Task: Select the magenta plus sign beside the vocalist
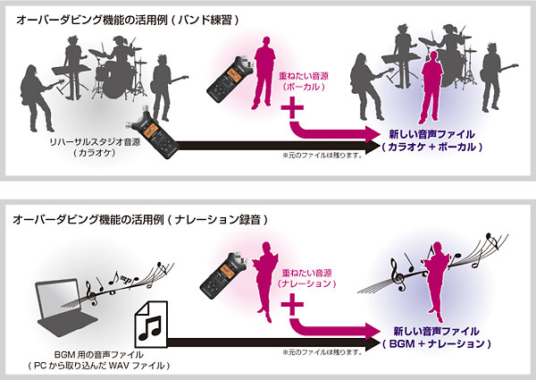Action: (x=292, y=107)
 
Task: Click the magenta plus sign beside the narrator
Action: (x=292, y=304)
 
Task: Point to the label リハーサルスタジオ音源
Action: (x=95, y=142)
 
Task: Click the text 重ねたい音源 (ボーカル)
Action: (x=303, y=81)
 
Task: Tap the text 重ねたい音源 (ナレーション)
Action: (x=306, y=278)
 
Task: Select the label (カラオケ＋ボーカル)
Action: (x=432, y=147)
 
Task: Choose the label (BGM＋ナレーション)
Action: (x=437, y=343)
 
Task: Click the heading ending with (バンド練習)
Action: (x=127, y=20)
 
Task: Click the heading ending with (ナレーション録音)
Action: (x=140, y=219)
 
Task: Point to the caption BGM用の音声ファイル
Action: (x=99, y=355)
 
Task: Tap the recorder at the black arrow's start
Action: (x=153, y=134)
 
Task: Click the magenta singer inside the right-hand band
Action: (x=431, y=88)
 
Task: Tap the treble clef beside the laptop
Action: (x=91, y=293)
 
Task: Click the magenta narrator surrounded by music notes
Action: (x=437, y=281)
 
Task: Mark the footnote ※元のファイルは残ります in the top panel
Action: (x=322, y=156)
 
